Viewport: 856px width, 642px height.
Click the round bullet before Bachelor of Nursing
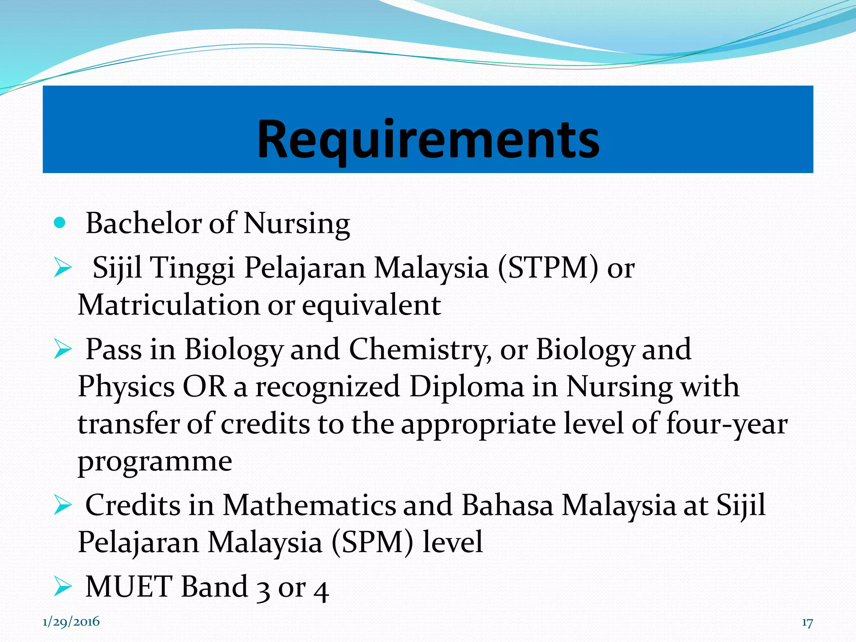click(x=60, y=222)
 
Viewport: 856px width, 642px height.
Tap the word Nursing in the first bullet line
click(x=296, y=224)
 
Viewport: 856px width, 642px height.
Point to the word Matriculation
click(x=168, y=305)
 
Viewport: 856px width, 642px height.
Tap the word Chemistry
click(x=420, y=349)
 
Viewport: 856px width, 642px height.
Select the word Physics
click(x=126, y=387)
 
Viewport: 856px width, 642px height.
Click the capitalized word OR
click(x=204, y=386)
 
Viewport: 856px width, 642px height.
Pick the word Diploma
click(x=466, y=387)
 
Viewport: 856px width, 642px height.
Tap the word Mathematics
click(x=309, y=505)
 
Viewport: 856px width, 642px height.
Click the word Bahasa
click(x=507, y=505)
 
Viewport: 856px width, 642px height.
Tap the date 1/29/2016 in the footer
click(x=71, y=622)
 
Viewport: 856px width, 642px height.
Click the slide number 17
click(x=807, y=623)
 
